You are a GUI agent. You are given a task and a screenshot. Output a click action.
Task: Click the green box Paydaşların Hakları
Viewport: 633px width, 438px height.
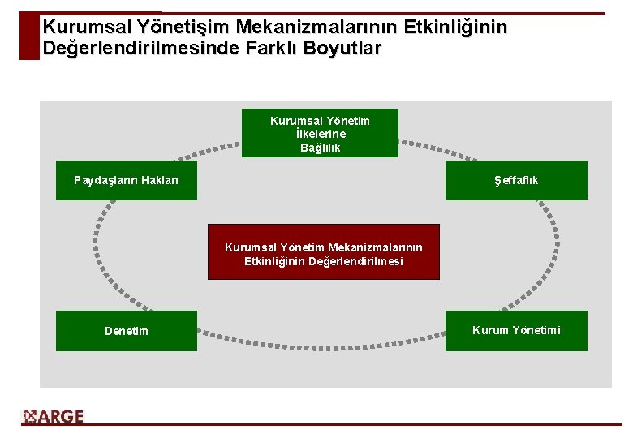pos(126,180)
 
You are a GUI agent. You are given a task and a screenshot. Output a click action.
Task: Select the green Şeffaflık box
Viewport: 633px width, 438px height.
pos(516,180)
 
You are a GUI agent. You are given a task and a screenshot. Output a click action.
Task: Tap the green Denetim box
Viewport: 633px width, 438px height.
pos(126,331)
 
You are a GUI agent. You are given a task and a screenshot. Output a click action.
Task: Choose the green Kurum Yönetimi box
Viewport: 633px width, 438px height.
pos(516,331)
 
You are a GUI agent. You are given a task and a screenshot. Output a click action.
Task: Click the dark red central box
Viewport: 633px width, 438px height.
pos(323,252)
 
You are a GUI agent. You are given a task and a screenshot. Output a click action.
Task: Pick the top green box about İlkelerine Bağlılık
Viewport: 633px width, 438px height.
pos(320,133)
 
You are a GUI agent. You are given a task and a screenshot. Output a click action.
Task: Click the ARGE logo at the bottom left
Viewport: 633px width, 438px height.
pos(54,417)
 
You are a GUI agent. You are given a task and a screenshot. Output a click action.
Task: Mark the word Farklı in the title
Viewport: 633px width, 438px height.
pos(261,48)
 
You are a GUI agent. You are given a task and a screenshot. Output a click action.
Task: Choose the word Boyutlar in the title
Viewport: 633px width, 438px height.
pos(342,48)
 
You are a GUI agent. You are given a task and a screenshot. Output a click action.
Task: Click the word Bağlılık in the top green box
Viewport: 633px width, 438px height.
pos(321,148)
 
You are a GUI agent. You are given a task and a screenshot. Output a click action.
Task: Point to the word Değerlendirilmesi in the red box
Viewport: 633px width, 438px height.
pos(356,261)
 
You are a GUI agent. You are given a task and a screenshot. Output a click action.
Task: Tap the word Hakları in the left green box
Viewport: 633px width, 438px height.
pos(159,180)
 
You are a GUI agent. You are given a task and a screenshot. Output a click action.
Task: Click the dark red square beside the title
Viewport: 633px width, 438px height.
pos(29,36)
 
